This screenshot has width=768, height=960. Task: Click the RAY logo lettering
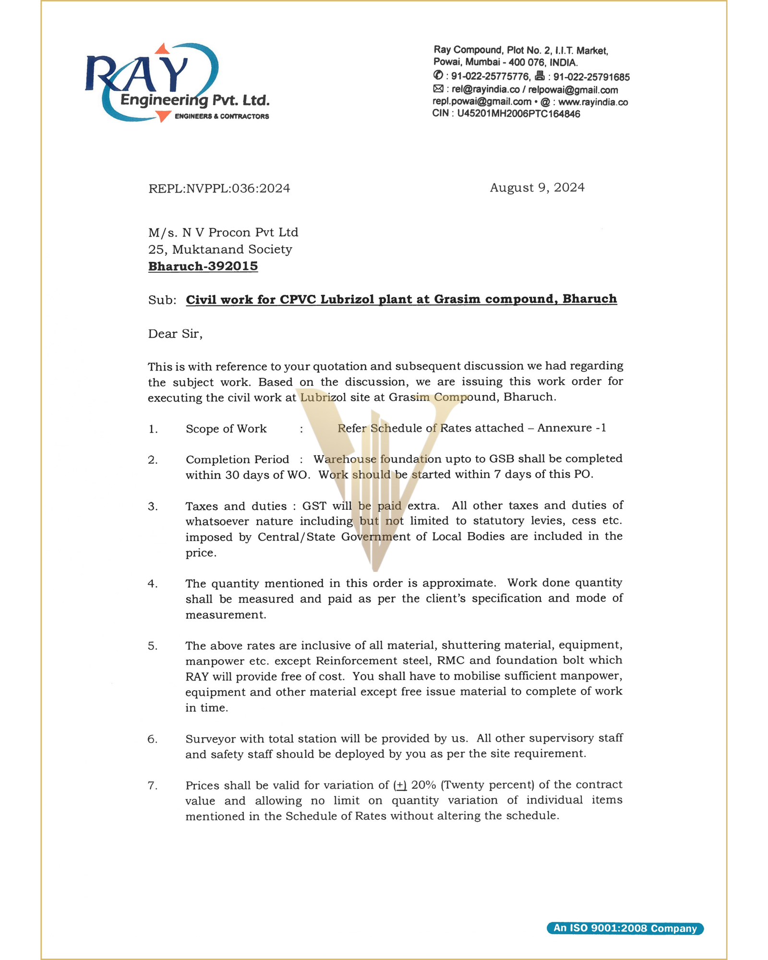[x=137, y=74]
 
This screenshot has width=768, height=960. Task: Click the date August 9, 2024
[x=537, y=188]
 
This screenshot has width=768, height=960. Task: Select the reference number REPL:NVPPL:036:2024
[x=219, y=188]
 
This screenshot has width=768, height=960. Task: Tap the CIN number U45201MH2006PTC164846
[x=518, y=114]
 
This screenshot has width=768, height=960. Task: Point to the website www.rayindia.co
[x=593, y=102]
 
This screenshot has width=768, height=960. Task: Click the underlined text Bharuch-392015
[x=203, y=266]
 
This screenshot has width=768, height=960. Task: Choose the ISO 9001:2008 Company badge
[x=625, y=928]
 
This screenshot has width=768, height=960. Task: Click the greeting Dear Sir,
[x=175, y=334]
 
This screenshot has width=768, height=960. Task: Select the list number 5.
[x=153, y=646]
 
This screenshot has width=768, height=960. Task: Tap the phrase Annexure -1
[x=572, y=428]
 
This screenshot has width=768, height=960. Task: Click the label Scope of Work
[x=226, y=429]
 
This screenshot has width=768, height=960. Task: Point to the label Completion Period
[x=237, y=459]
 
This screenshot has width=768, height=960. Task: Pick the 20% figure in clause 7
[x=423, y=785]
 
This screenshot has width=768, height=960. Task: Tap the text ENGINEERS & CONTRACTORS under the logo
[x=222, y=116]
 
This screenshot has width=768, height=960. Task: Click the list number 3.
[x=153, y=506]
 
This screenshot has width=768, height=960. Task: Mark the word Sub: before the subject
[x=162, y=300]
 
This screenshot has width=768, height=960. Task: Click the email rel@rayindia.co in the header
[x=485, y=90]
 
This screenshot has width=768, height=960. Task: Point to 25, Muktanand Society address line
[x=220, y=250]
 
